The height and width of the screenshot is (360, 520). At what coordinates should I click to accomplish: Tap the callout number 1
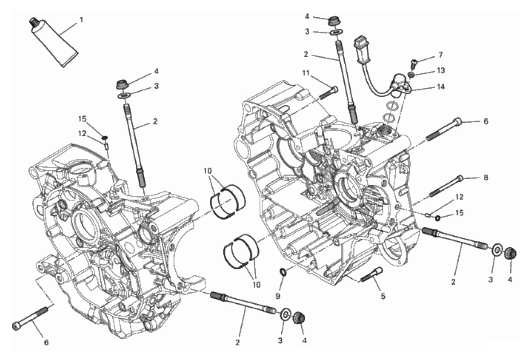81,20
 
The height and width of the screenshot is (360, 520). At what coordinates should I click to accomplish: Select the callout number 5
383,296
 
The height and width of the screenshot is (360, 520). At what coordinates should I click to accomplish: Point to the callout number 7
441,55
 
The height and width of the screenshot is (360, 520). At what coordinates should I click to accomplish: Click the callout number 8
486,178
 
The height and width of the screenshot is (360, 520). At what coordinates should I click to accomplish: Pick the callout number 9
278,296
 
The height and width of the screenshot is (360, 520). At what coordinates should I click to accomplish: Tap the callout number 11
305,73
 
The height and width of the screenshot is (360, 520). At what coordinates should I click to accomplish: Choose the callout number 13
441,70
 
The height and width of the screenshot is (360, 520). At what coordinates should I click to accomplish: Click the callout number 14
441,87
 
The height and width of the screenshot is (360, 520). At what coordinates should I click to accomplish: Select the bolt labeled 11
328,93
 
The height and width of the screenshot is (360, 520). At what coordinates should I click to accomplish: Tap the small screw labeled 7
414,64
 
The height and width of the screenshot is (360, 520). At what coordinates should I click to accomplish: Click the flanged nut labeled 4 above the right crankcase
333,21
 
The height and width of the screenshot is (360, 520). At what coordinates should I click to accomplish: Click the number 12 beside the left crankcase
82,133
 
